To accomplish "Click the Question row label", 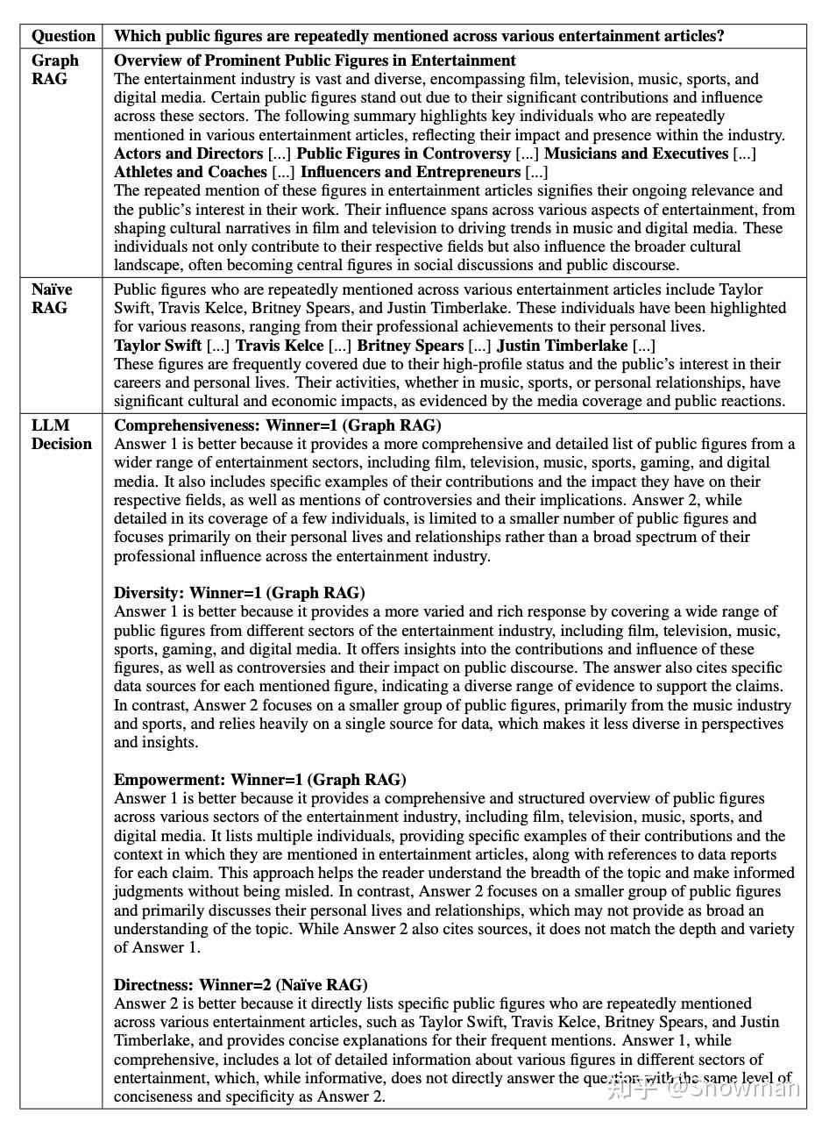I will tap(63, 36).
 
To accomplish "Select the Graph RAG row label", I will tap(54, 69).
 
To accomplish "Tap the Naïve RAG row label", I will tap(51, 298).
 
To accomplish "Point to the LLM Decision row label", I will tap(61, 434).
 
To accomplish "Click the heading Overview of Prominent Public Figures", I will tap(315, 61).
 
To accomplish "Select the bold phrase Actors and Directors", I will tap(188, 154).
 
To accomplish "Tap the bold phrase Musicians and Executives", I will tap(636, 154).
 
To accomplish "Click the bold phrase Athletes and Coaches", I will tap(190, 172).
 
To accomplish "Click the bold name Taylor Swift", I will tap(158, 346).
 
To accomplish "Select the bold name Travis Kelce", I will tap(280, 346).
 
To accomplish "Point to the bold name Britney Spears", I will tap(410, 346).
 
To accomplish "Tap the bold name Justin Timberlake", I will tap(562, 346).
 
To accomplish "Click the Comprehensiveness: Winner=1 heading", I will tap(277, 425).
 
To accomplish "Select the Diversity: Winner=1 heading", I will tap(239, 593).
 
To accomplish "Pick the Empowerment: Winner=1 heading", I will tap(259, 780).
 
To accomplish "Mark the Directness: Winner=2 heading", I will tap(240, 984).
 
